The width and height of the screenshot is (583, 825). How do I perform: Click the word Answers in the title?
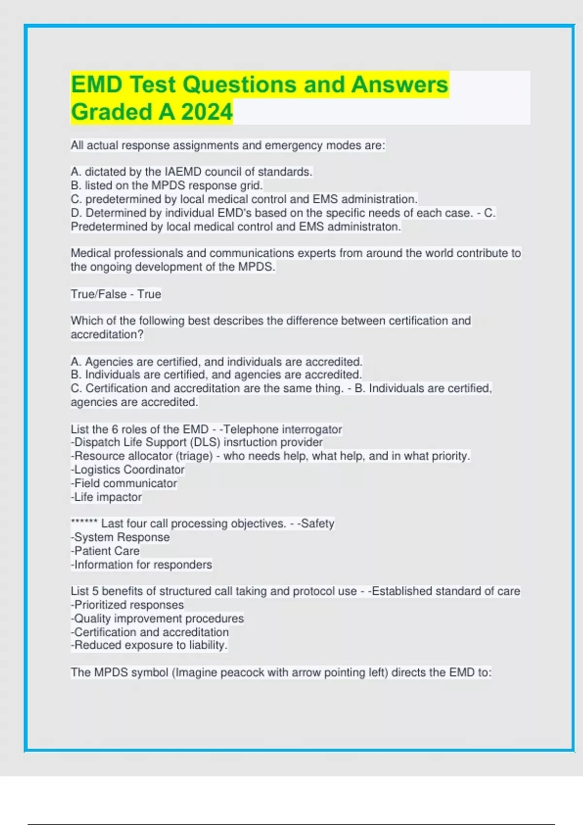(x=399, y=84)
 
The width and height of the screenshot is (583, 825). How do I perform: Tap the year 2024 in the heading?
(x=207, y=112)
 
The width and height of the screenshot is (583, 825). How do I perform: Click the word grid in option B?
(x=251, y=185)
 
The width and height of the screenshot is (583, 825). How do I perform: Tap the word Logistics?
(x=97, y=470)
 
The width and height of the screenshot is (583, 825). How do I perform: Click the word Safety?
(x=317, y=524)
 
